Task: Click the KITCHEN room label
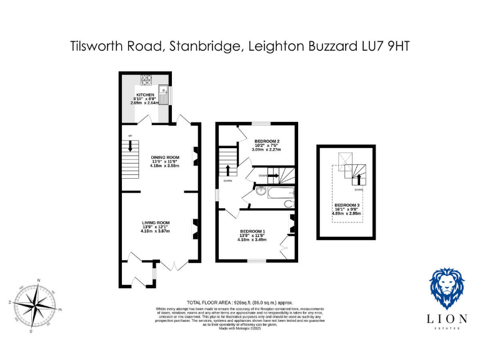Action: coord(145,95)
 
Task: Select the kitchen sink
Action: coord(164,96)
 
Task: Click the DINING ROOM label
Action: coord(165,157)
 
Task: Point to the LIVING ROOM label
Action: coord(156,223)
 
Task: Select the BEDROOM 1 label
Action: coord(252,231)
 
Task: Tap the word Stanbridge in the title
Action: coord(204,46)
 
